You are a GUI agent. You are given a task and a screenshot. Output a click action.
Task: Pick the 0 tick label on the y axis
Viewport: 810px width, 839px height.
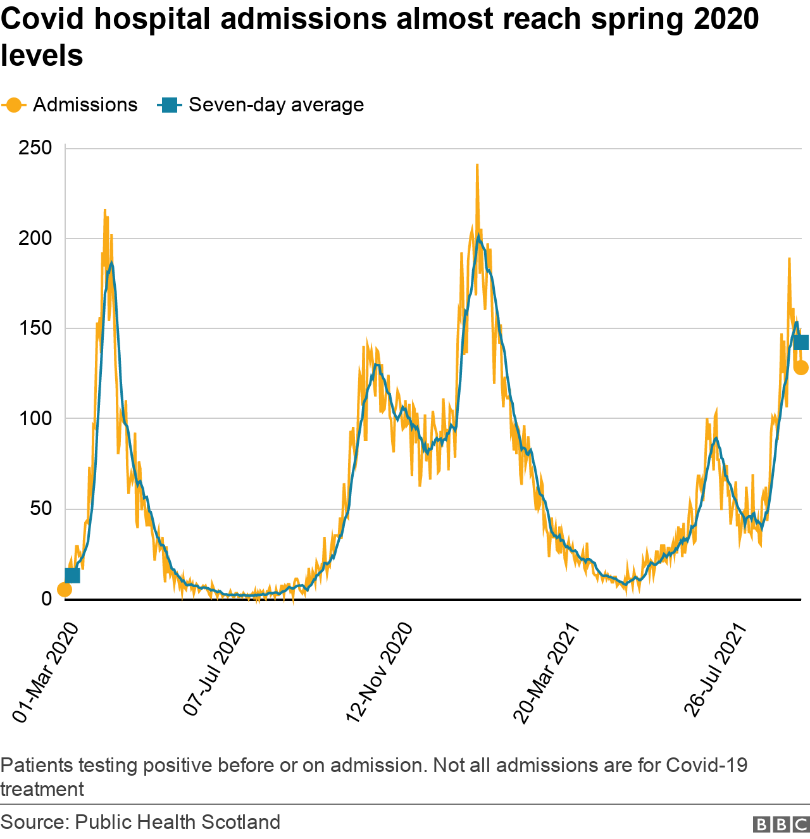pyautogui.click(x=47, y=599)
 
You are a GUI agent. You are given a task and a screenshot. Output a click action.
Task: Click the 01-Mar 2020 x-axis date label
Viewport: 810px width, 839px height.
pyautogui.click(x=46, y=672)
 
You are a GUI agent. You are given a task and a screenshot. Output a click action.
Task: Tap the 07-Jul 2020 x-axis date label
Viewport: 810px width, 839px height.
pyautogui.click(x=215, y=669)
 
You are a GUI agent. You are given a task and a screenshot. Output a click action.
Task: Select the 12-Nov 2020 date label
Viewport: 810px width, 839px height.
pyautogui.click(x=380, y=672)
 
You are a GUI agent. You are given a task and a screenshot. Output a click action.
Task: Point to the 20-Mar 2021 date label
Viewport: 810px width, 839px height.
pyautogui.click(x=547, y=672)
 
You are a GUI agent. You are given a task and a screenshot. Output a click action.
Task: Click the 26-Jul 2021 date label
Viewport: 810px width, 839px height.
pyautogui.click(x=718, y=669)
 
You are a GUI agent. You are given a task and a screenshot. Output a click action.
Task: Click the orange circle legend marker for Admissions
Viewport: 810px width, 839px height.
pyautogui.click(x=13, y=105)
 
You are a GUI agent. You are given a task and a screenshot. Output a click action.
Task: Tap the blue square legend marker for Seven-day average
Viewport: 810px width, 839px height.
pyautogui.click(x=169, y=105)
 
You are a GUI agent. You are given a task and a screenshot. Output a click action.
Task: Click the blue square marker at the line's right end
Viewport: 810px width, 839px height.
pyautogui.click(x=801, y=342)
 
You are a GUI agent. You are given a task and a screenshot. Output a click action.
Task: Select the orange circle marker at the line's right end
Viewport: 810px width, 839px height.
pyautogui.click(x=801, y=368)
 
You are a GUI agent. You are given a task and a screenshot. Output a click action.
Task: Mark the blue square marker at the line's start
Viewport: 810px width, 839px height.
pyautogui.click(x=72, y=575)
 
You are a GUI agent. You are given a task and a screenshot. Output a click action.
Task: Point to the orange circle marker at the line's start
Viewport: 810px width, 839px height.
pyautogui.click(x=65, y=590)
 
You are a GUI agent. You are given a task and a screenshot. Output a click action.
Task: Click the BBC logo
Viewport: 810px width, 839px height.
pyautogui.click(x=781, y=824)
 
